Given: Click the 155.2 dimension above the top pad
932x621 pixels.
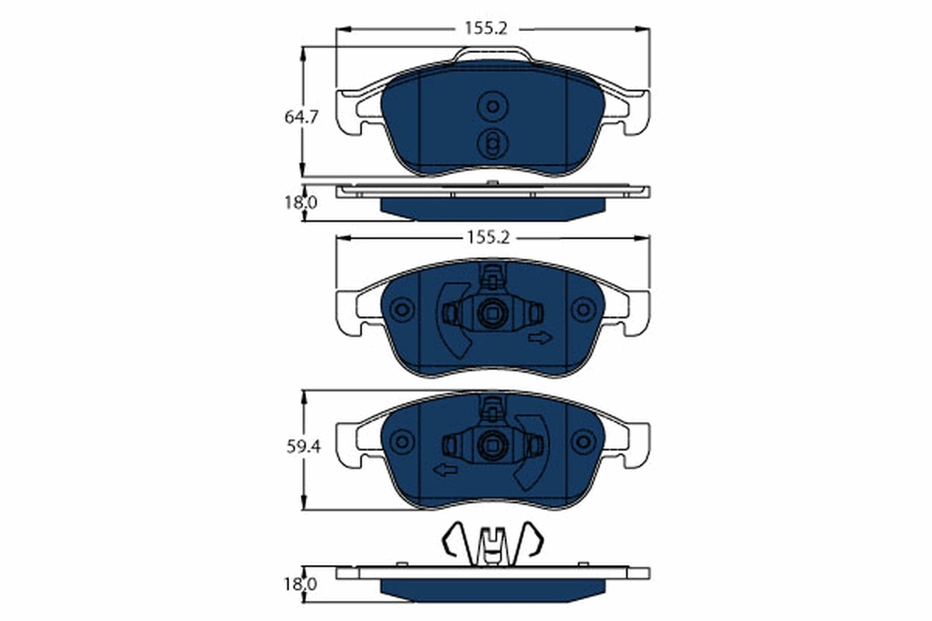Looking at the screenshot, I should coord(485,29).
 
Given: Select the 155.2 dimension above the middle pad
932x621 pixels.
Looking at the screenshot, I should coord(487,238).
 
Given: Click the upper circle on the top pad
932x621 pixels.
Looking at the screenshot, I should coord(492,107).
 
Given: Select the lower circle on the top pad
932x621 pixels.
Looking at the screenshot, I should coord(492,144).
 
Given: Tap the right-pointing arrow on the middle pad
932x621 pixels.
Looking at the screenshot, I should coord(540,337).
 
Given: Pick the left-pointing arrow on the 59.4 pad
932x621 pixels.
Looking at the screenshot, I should coord(445,468).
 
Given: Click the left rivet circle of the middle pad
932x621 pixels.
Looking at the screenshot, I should coord(402,310).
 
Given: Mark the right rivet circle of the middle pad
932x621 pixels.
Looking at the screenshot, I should coord(582,310).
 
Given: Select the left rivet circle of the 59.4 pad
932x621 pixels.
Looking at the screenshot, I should coord(402,442).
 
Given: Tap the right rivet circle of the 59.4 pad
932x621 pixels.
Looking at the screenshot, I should coord(582,442).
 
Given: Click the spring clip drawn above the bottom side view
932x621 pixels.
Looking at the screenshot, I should coord(492,541).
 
